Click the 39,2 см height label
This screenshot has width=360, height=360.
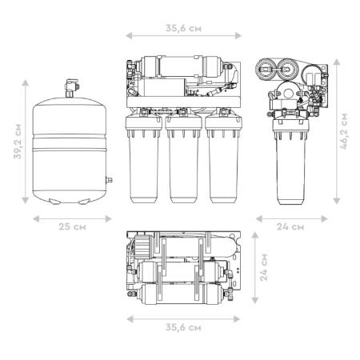click(18, 142)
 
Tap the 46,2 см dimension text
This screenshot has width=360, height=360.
click(344, 131)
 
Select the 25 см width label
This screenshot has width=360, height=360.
click(72, 226)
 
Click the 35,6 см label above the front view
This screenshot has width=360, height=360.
click(183, 28)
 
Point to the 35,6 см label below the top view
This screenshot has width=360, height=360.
click(183, 327)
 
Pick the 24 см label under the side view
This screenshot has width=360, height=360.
click(290, 226)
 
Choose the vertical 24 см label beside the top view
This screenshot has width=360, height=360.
click(264, 267)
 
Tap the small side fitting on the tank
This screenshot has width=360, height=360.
click(109, 180)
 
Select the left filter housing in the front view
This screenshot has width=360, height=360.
click(144, 158)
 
